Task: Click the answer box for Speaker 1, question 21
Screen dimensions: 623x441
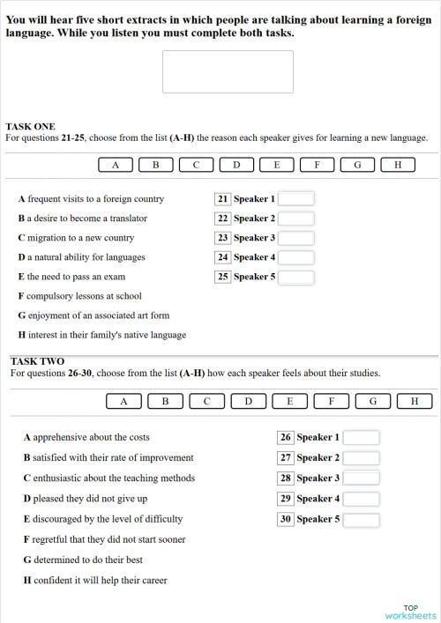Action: [x=296, y=199]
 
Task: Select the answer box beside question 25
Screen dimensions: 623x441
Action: [x=296, y=277]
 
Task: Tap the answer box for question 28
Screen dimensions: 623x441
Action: [x=361, y=478]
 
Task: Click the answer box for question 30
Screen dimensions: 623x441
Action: [x=361, y=520]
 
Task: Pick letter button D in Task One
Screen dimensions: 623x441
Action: [x=236, y=165]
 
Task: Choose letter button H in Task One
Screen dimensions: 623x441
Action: [x=398, y=165]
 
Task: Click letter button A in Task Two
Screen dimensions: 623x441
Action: [x=124, y=402]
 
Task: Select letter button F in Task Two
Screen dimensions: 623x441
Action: [x=332, y=402]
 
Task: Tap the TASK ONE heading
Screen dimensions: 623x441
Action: [x=30, y=127]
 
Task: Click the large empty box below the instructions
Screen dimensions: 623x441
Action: [x=228, y=71]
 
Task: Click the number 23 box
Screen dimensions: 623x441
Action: [x=222, y=238]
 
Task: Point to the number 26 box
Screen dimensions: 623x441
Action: [x=285, y=437]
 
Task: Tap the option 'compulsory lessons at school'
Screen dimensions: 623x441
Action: [x=79, y=296]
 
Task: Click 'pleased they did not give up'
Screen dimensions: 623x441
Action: [x=85, y=499]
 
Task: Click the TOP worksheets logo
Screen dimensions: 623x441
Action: [x=410, y=612]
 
